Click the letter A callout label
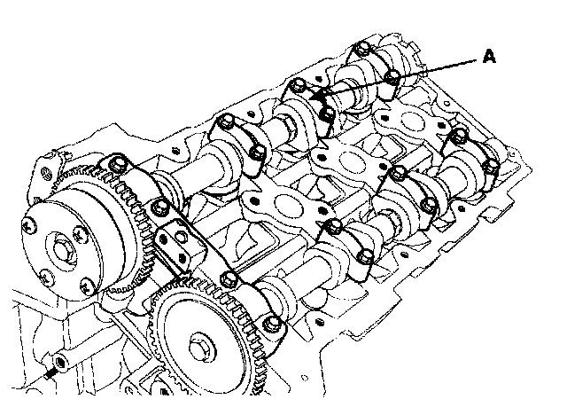click(489, 57)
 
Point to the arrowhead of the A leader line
click(315, 97)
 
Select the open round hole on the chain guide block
click(180, 238)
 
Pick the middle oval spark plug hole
click(351, 161)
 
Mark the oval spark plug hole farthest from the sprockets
click(411, 121)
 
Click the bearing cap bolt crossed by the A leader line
click(392, 77)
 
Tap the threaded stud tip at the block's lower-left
click(47, 374)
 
